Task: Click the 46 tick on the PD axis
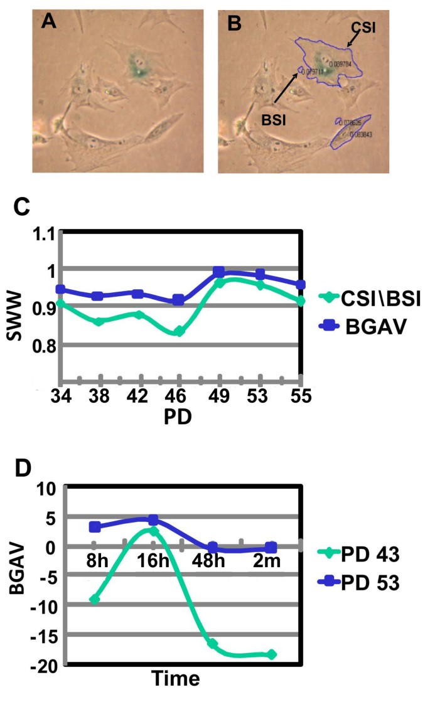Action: pos(180,398)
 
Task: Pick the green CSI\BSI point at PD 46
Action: pos(179,331)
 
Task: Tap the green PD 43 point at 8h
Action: pos(95,599)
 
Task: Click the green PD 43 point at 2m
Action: pos(271,654)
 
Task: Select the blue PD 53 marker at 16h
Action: pos(153,520)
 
